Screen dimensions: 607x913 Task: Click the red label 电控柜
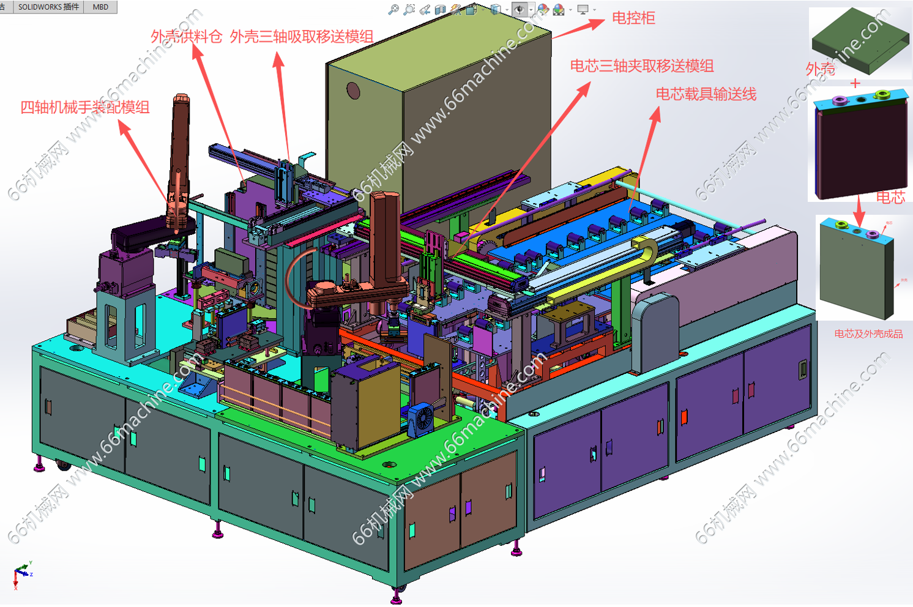(633, 18)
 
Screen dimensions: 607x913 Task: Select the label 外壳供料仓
(186, 37)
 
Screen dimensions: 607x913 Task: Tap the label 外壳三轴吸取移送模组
(302, 37)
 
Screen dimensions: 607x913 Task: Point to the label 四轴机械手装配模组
(85, 108)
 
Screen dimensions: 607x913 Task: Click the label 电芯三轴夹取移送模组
(642, 66)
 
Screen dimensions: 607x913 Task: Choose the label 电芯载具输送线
(706, 94)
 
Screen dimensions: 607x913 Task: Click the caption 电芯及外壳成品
(868, 334)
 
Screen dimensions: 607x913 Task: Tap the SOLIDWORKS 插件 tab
(48, 7)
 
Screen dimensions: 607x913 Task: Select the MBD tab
(100, 7)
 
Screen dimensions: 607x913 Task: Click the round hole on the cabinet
(353, 91)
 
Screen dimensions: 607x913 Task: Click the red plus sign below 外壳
(855, 83)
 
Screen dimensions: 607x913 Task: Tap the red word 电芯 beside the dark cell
(890, 197)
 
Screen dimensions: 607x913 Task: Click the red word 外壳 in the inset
(820, 69)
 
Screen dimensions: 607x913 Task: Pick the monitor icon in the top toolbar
(583, 9)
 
